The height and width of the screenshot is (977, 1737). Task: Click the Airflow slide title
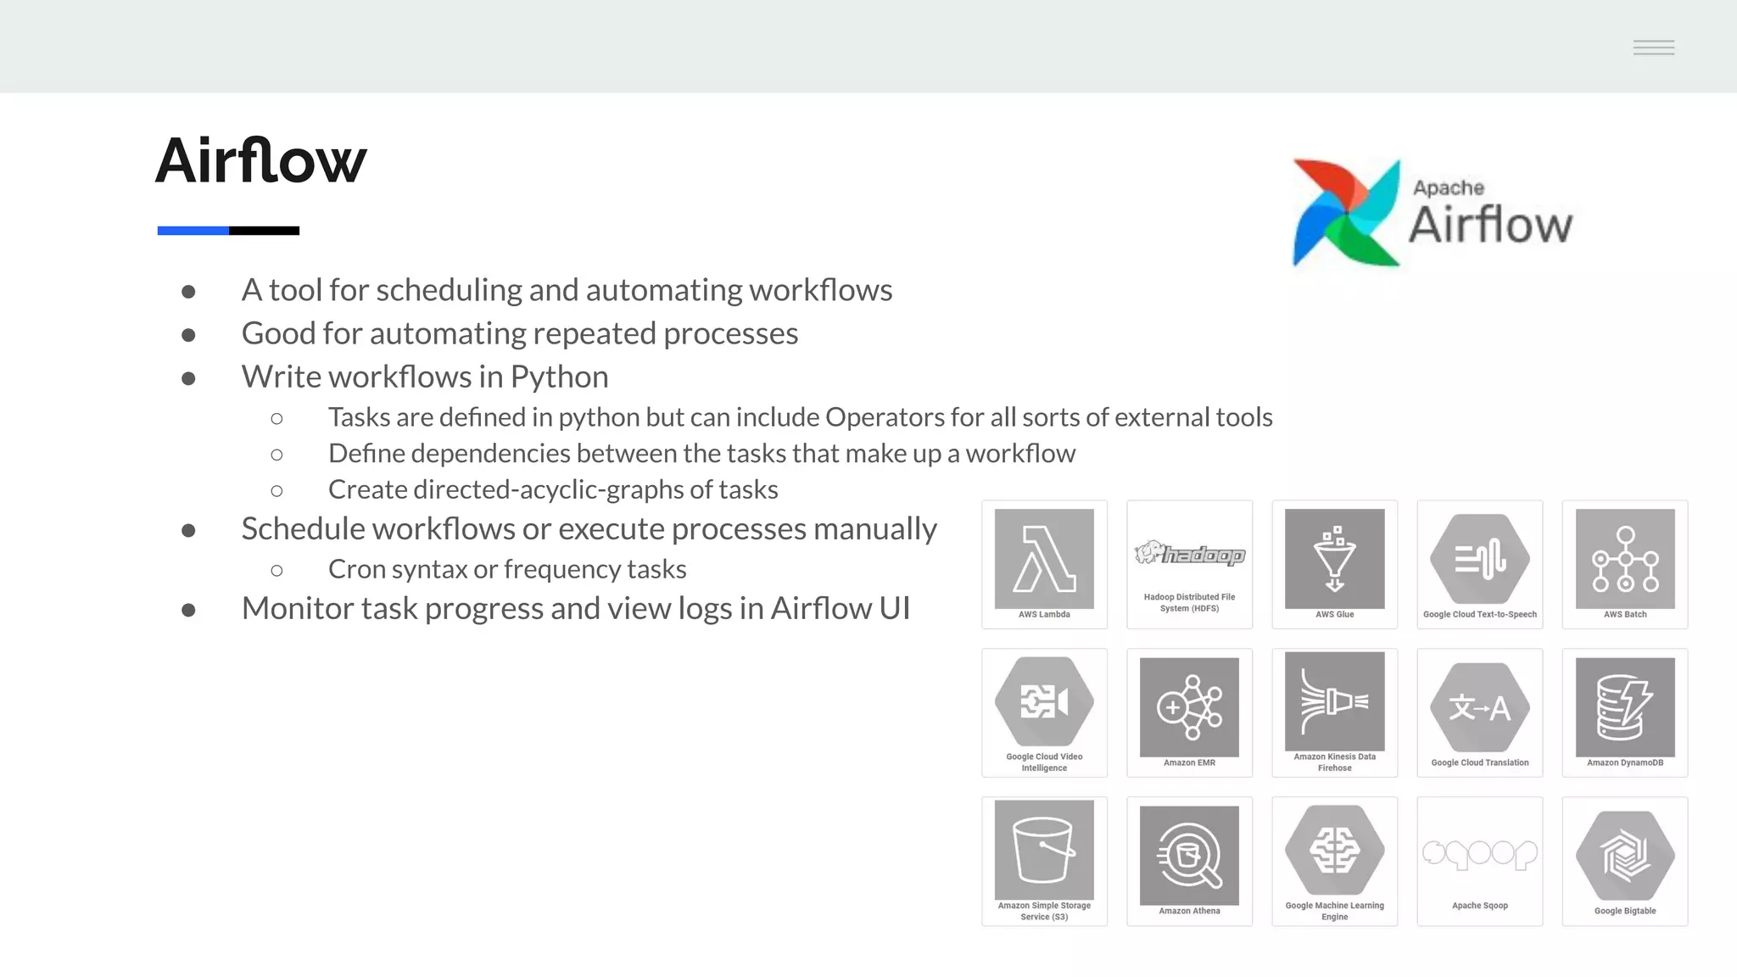pos(261,160)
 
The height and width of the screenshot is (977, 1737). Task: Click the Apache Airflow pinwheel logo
pos(1345,214)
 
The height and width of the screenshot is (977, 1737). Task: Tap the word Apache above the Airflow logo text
pos(1449,187)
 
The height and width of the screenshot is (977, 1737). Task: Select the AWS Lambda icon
pos(1044,558)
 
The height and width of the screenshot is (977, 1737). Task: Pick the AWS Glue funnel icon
pos(1334,558)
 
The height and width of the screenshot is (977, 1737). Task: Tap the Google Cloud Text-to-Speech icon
pos(1479,559)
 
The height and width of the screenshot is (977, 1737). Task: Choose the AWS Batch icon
pos(1625,558)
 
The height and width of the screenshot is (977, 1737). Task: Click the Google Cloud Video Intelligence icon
pos(1044,701)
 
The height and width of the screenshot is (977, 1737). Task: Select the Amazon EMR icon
pos(1189,706)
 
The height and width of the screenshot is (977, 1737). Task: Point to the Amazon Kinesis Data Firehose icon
pos(1334,701)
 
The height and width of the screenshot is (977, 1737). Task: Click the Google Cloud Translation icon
pos(1479,707)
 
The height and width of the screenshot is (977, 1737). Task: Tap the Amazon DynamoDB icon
pos(1625,706)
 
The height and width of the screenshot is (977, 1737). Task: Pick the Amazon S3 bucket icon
pos(1044,850)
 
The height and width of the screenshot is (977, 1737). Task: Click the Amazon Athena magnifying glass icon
pos(1189,855)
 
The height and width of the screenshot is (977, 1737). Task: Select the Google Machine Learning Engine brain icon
pos(1334,850)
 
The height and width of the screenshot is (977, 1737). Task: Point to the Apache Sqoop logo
pos(1479,853)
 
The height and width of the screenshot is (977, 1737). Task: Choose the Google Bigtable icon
pos(1625,855)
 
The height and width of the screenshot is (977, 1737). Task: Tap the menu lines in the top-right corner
pos(1654,47)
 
